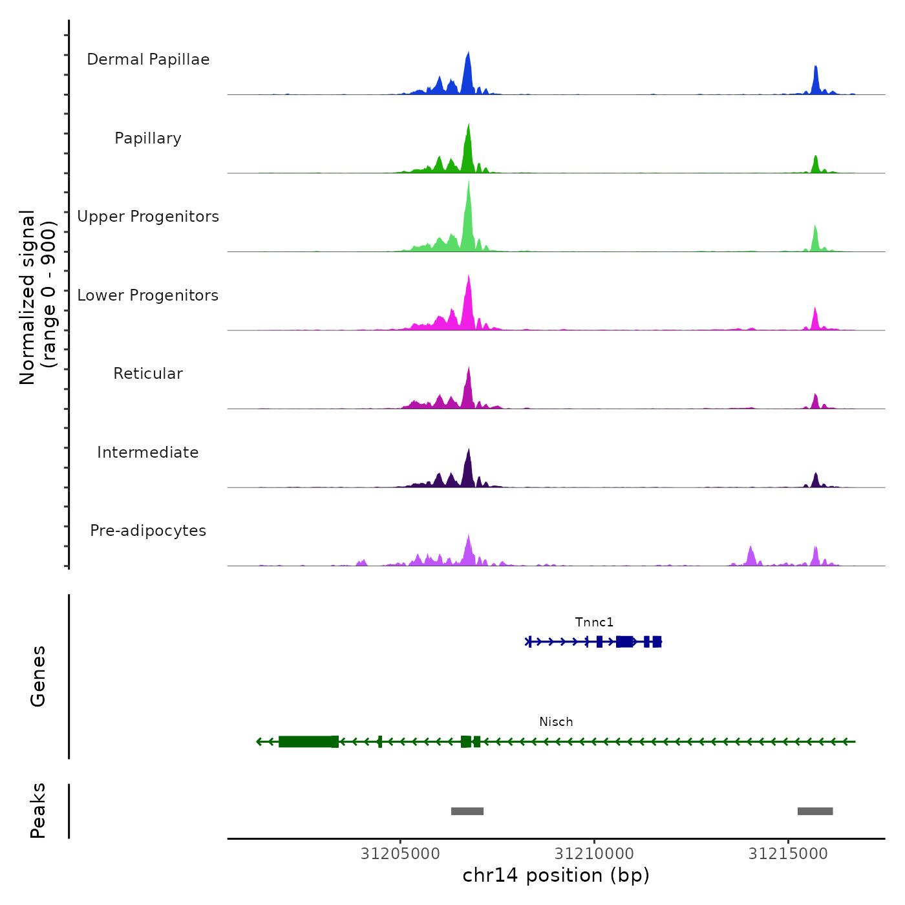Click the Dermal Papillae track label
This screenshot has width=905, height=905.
[148, 59]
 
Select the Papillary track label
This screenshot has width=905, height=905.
[148, 138]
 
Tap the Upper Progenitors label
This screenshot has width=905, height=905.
[148, 217]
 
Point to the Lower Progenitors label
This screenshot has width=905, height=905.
[148, 295]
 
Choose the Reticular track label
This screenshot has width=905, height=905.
[148, 374]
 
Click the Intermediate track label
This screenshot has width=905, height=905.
[148, 452]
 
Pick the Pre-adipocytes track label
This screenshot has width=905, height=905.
[148, 531]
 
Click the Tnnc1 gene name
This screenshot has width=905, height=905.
[594, 623]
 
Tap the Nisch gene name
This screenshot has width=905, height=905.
[556, 722]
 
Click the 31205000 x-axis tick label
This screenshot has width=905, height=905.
[400, 854]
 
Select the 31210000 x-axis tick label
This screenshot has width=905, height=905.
[594, 854]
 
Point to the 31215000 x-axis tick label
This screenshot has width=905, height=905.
[788, 854]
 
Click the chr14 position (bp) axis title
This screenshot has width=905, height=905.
[556, 875]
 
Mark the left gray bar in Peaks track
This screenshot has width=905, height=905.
[467, 811]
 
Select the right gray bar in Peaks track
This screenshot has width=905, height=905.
[815, 811]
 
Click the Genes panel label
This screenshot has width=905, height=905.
[38, 676]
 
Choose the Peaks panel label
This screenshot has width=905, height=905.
[38, 811]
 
